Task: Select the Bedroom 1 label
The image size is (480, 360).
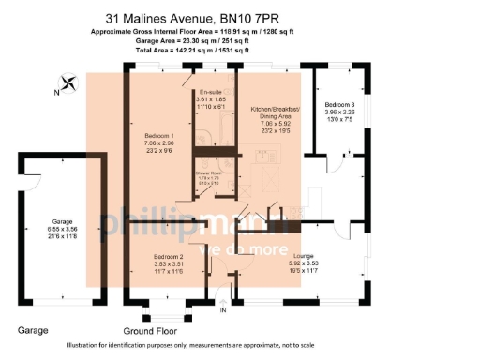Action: [x=157, y=137]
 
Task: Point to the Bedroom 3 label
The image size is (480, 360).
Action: [x=339, y=104]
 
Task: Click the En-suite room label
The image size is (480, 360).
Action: [x=211, y=92]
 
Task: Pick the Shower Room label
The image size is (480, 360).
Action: [x=208, y=173]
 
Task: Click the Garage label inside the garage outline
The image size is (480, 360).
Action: [x=62, y=222]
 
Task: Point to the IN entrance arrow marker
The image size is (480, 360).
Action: [x=221, y=309]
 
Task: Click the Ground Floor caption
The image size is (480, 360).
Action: [x=149, y=331]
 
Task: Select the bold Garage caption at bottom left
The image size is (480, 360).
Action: [x=34, y=331]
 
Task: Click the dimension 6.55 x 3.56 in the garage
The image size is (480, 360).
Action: [x=62, y=230]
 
